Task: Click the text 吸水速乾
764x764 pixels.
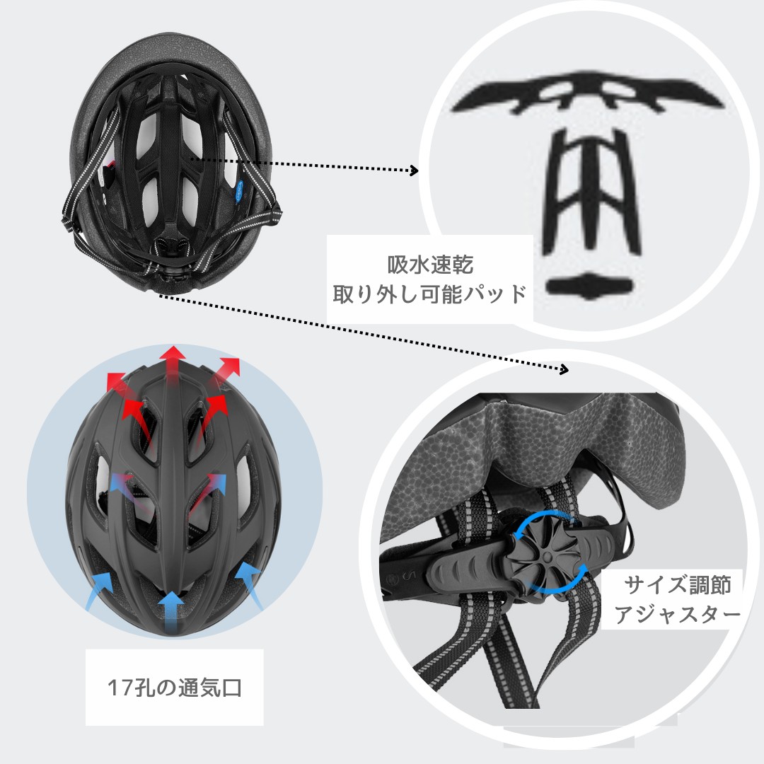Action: point(430,265)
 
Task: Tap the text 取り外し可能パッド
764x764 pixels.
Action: point(430,294)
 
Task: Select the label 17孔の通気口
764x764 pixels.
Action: point(175,688)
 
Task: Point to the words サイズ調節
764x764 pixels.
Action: point(678,585)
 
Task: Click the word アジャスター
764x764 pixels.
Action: point(677,614)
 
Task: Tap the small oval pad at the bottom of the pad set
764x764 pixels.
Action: point(589,286)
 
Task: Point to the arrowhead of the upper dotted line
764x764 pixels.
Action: point(414,170)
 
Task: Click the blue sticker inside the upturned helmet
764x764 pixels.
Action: point(240,192)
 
